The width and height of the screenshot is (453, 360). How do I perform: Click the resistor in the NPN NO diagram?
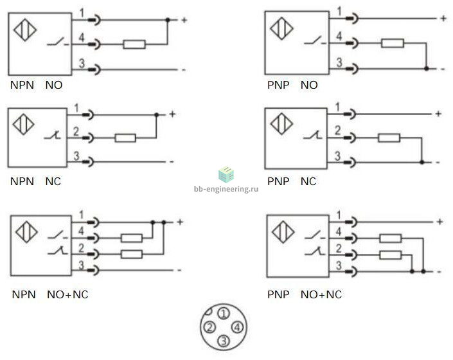[134, 44]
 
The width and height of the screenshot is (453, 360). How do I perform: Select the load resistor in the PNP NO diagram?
[393, 43]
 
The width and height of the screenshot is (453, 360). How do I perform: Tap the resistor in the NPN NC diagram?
[125, 138]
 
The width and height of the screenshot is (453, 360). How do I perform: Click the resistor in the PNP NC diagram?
[389, 138]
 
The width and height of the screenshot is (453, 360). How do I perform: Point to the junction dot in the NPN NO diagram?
[168, 20]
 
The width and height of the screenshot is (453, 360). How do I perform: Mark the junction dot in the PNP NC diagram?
[422, 163]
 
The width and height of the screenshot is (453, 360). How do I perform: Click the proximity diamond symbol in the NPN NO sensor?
[25, 30]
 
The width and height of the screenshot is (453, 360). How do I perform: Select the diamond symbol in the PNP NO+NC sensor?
[283, 231]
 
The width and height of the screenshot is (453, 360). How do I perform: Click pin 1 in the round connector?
[224, 314]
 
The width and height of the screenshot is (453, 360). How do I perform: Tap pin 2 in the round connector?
[209, 327]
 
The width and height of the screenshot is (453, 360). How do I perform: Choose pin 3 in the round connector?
[224, 341]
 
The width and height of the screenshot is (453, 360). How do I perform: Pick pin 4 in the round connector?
[237, 327]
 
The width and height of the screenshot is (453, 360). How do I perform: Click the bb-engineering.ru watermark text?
[226, 189]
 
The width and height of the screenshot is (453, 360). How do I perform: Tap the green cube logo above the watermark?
[226, 174]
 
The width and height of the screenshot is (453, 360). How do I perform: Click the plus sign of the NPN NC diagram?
[172, 114]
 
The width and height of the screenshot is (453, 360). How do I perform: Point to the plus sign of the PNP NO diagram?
[443, 19]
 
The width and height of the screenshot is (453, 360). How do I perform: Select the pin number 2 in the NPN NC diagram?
[76, 131]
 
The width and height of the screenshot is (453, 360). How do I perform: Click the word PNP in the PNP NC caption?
[278, 181]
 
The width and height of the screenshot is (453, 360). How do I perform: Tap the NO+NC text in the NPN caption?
[67, 294]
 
